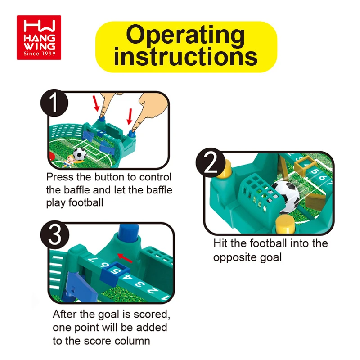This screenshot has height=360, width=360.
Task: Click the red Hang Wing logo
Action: coord(39,37)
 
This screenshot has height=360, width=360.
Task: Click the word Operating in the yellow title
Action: coord(185,35)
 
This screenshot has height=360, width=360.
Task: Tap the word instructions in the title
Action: coord(185,57)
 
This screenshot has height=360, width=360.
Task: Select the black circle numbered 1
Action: coord(54,103)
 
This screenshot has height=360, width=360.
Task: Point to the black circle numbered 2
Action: coord(210,162)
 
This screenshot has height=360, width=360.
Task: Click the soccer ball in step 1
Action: coord(80,153)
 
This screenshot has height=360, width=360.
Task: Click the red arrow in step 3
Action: coord(125,258)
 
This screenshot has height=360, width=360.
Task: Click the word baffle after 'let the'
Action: coord(159,190)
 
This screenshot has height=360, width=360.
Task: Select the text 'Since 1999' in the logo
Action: coord(40,54)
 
